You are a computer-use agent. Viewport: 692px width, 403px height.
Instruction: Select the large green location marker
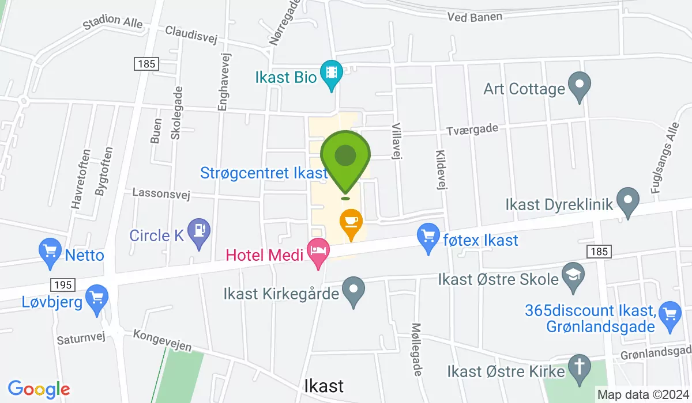pyautogui.click(x=345, y=158)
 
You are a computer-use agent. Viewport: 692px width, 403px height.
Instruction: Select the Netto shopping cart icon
pyautogui.click(x=50, y=252)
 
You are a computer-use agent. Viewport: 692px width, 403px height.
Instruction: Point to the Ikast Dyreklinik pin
pyautogui.click(x=627, y=202)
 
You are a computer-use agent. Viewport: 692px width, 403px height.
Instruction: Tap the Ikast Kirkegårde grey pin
pyautogui.click(x=353, y=291)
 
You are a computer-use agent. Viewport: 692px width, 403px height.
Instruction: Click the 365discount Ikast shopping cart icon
pyautogui.click(x=670, y=315)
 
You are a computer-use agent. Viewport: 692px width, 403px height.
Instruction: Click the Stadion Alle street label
pyautogui.click(x=112, y=24)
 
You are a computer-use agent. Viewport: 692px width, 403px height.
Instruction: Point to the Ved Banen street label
pyautogui.click(x=475, y=17)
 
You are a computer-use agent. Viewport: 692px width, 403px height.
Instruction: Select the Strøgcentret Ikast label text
pyautogui.click(x=264, y=173)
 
